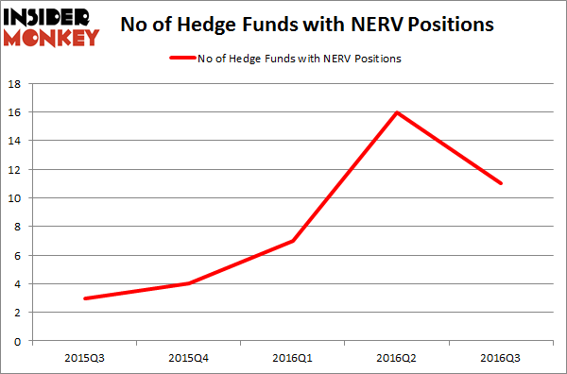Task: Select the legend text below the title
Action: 300,59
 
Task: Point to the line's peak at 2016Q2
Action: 397,112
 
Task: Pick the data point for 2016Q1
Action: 294,241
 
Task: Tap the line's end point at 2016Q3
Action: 500,183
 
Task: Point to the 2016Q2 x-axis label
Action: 397,359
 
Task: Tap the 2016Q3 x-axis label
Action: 500,359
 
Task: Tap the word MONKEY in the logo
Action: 52,38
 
